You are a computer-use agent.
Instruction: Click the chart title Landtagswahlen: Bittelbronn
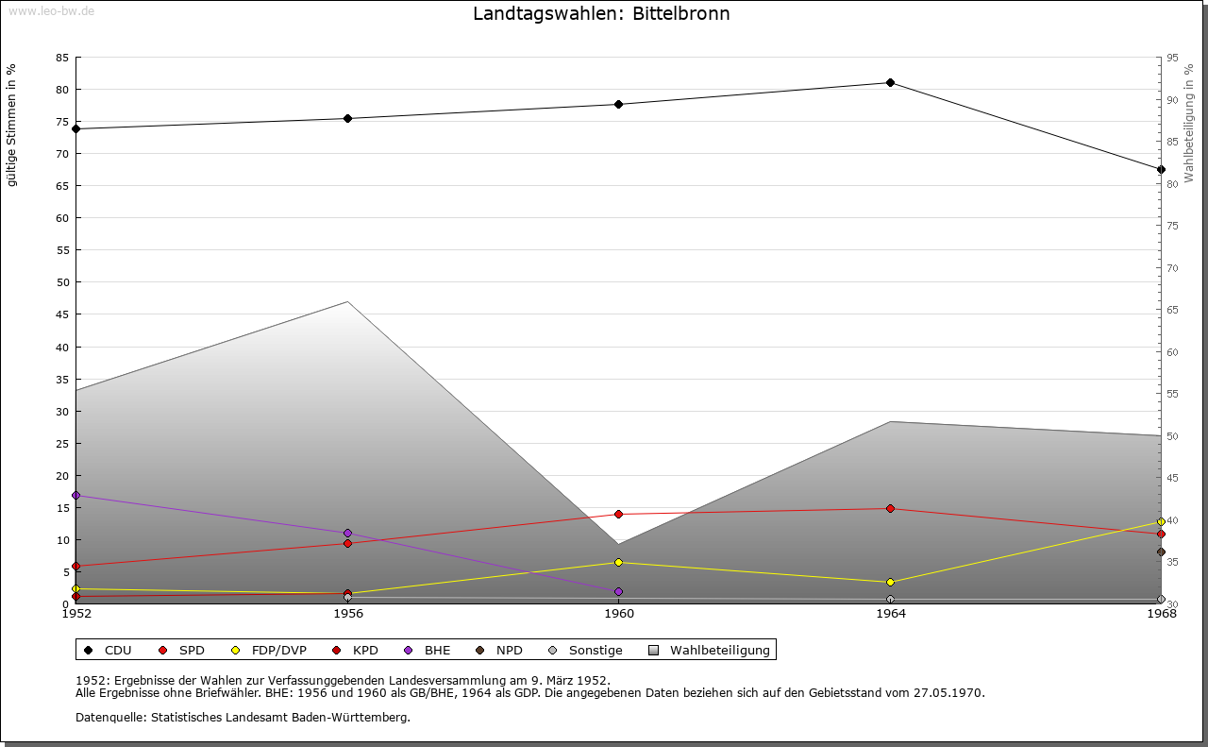coord(601,14)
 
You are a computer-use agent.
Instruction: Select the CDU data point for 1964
coord(890,83)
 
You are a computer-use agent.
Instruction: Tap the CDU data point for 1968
coord(1161,170)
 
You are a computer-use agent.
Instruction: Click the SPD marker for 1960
coord(618,515)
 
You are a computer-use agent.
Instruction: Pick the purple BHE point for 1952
coord(76,495)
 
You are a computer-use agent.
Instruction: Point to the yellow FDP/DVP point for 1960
coord(618,563)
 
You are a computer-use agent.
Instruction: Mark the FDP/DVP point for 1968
coord(1161,522)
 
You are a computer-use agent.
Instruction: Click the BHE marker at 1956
coord(347,534)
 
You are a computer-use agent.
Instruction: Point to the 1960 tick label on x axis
coord(619,614)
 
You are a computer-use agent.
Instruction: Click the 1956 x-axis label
coord(348,614)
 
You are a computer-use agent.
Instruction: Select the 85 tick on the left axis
coord(61,58)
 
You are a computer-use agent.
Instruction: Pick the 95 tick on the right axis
coord(1172,58)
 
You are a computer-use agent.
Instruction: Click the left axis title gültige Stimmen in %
coord(12,125)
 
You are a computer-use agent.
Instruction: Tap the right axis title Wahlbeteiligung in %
coord(1189,124)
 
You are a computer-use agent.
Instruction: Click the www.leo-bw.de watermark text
coord(50,9)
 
